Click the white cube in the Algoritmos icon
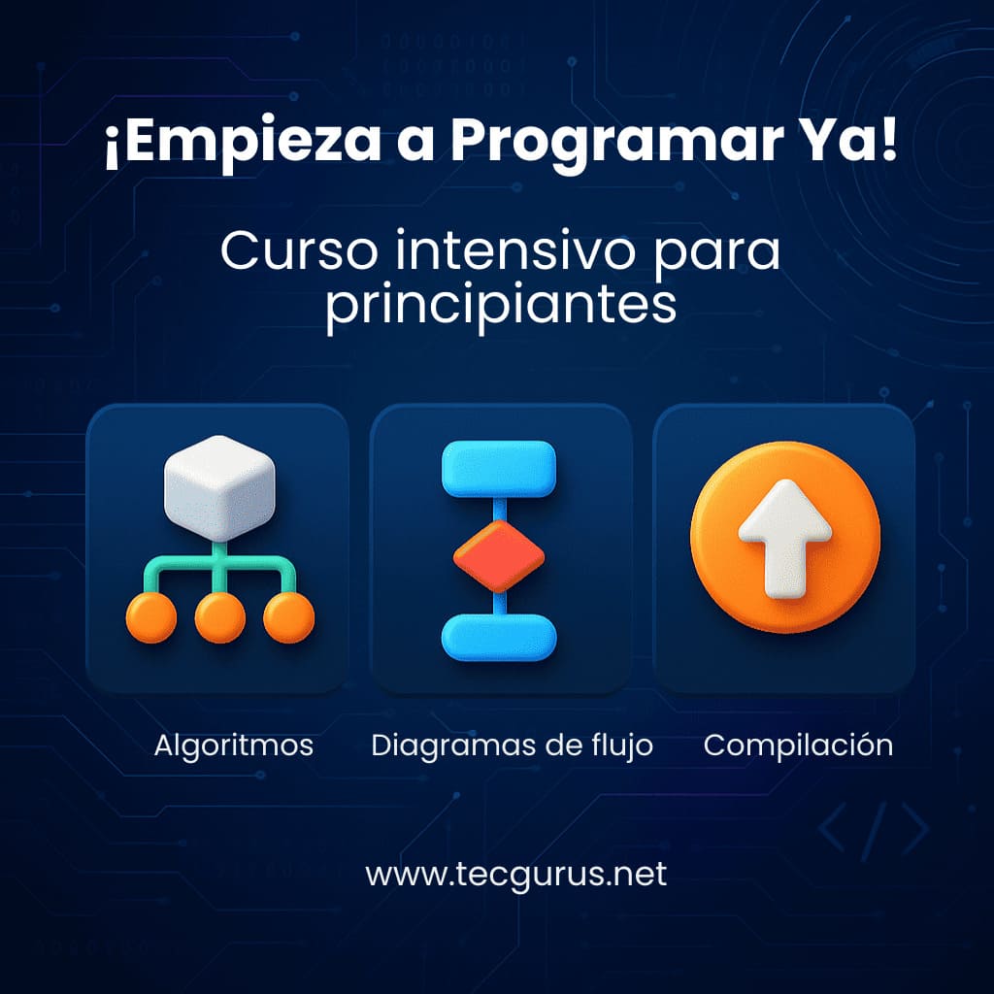click(x=219, y=487)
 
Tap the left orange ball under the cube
click(x=151, y=617)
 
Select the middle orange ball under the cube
click(x=220, y=617)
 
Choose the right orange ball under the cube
click(x=288, y=617)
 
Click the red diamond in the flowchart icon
click(x=499, y=556)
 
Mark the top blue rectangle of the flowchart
click(x=499, y=469)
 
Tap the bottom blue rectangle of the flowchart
click(x=499, y=638)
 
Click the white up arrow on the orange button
click(x=784, y=538)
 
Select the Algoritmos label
click(x=234, y=745)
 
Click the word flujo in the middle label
click(x=622, y=746)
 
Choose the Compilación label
click(x=798, y=745)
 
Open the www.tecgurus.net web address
click(x=516, y=875)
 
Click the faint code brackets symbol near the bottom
click(x=874, y=829)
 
